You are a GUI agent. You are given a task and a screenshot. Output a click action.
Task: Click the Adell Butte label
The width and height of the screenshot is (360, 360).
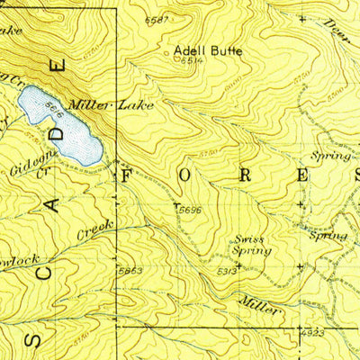tap(208, 51)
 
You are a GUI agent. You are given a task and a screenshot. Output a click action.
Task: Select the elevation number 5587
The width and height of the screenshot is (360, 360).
tap(157, 20)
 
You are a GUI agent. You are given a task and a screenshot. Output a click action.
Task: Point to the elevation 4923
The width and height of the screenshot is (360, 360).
tap(312, 334)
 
